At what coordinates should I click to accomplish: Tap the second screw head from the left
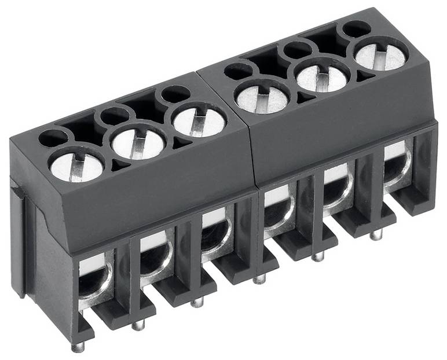click(x=138, y=144)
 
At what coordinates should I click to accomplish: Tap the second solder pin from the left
click(x=138, y=325)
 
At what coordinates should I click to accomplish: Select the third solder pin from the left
click(x=197, y=302)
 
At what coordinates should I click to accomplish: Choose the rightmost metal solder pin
click(x=376, y=234)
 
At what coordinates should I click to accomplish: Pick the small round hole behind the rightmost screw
click(x=356, y=28)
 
